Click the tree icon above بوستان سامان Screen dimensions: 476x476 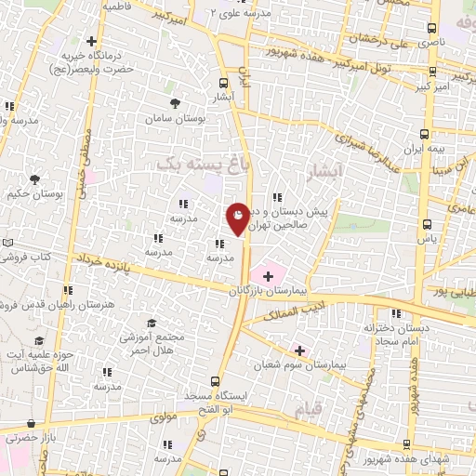coord(175,103)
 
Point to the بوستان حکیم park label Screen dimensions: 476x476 coord(33,195)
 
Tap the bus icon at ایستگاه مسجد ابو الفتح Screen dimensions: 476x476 coord(215,381)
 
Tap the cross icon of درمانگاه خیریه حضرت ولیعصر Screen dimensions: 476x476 coord(91,41)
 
